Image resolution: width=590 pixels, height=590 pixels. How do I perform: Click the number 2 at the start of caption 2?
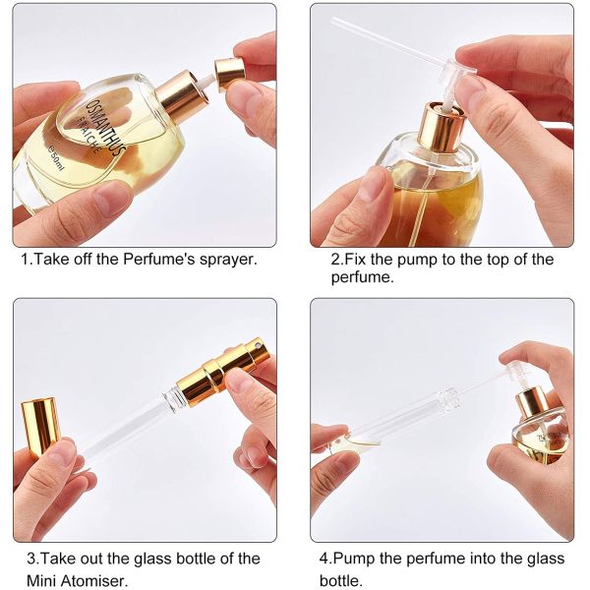[335, 260]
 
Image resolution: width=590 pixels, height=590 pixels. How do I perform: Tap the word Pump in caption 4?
[360, 559]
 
